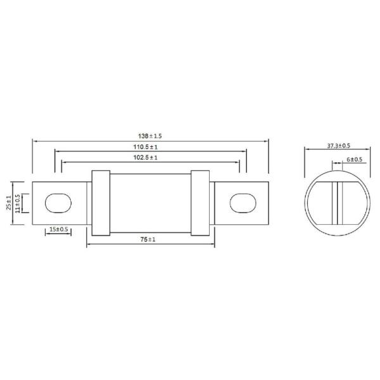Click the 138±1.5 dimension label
(x=150, y=136)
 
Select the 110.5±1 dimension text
(x=150, y=146)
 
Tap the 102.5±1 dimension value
(x=150, y=157)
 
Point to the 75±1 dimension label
(x=150, y=240)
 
